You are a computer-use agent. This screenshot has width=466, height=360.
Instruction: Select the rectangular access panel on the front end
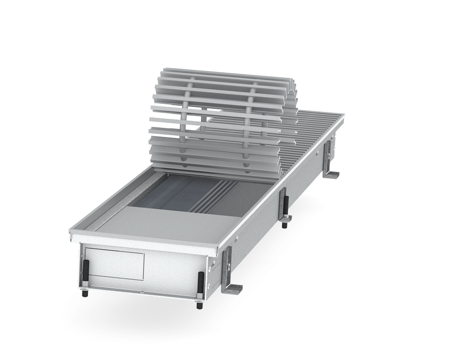[114, 264]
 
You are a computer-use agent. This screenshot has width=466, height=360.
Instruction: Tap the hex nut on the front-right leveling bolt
[200, 298]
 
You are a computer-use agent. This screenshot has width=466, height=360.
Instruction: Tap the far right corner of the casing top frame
[343, 115]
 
